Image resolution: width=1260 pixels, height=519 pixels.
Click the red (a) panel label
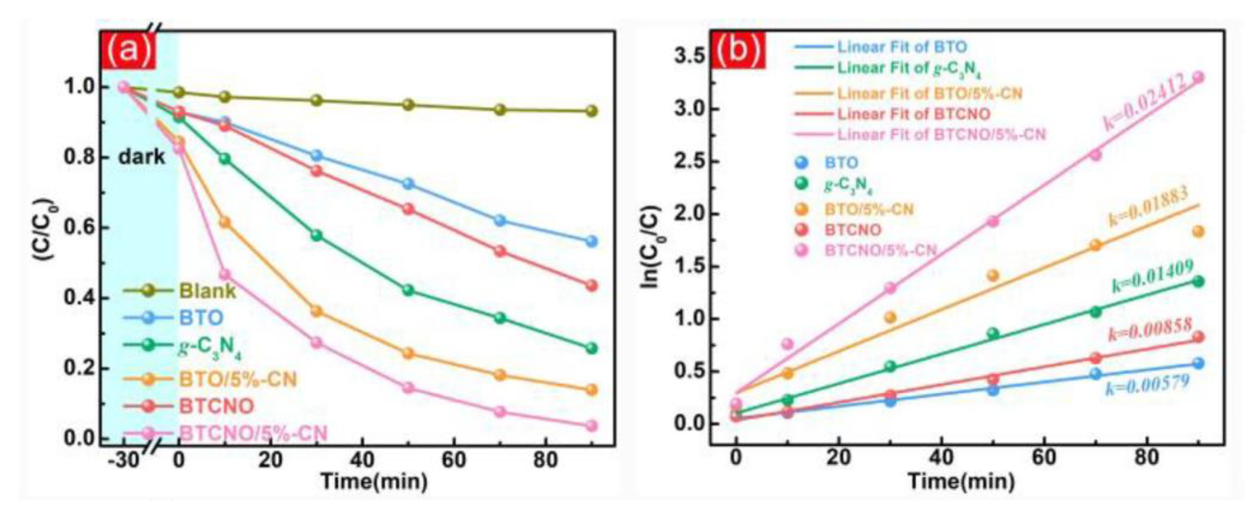point(128,50)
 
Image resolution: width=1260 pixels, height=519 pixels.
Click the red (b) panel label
point(738,50)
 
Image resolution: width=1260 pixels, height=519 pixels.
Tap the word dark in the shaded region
point(142,157)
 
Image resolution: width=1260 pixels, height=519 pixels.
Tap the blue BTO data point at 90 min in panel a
point(591,241)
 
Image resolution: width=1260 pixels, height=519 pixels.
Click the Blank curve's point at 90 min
point(591,111)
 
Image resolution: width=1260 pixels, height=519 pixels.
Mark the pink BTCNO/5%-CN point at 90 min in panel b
point(1198,77)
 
